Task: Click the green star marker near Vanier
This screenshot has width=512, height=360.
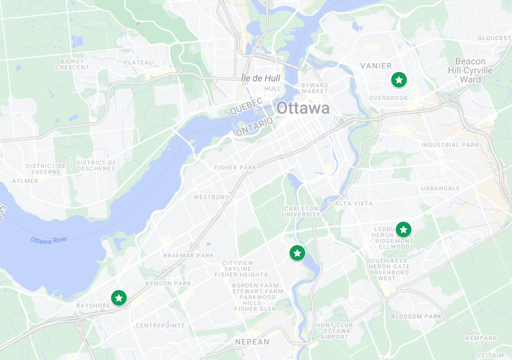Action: (x=399, y=80)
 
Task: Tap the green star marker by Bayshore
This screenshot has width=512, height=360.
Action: (x=119, y=298)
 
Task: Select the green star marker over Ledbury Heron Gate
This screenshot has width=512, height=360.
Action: (x=404, y=230)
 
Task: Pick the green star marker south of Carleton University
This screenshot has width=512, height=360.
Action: (x=297, y=253)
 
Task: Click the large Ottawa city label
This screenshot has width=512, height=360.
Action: (x=303, y=108)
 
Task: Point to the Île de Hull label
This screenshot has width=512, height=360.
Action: (x=261, y=78)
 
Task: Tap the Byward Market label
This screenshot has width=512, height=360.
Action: (x=315, y=88)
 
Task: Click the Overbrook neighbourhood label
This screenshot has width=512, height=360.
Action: (x=388, y=98)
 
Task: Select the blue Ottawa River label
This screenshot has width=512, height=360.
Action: (x=49, y=240)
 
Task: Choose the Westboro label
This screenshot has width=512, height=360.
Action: (x=211, y=197)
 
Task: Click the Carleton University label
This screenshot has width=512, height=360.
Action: (x=301, y=212)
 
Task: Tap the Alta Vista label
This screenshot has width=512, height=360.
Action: (x=354, y=203)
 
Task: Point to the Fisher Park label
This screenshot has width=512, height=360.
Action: (x=235, y=168)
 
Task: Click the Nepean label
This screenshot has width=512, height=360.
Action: (x=252, y=342)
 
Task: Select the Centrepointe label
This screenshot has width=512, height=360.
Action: (x=160, y=325)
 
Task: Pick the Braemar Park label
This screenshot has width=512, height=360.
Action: (x=188, y=256)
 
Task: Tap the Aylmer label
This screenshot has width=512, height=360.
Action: (x=25, y=181)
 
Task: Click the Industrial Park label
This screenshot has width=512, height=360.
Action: (x=450, y=145)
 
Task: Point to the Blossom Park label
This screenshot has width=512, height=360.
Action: (x=416, y=316)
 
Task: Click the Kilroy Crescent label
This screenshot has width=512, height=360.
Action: (x=72, y=64)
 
